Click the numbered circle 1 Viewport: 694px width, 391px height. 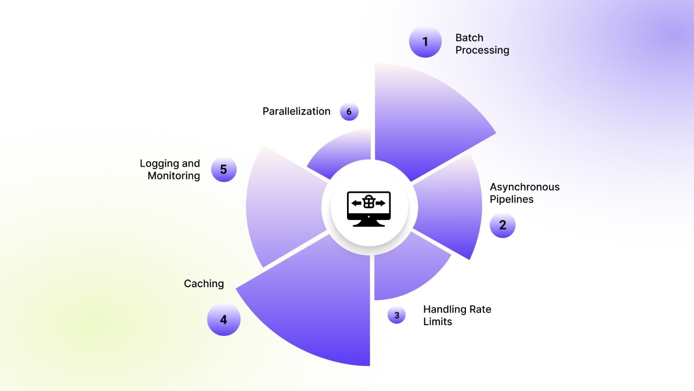click(x=425, y=42)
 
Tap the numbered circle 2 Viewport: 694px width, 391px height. click(x=502, y=225)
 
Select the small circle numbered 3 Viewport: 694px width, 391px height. click(x=397, y=315)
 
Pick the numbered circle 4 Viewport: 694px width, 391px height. click(x=223, y=320)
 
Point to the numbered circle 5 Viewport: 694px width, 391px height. click(x=223, y=170)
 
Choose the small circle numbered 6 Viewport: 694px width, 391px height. click(x=349, y=112)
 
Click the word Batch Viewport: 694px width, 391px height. click(x=469, y=38)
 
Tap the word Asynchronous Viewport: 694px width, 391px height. click(x=525, y=187)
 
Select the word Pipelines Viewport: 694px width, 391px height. click(x=512, y=199)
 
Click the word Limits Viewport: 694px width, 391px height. click(x=438, y=322)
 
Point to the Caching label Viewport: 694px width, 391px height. click(x=204, y=284)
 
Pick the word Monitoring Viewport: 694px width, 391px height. click(x=173, y=176)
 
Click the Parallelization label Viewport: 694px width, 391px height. click(x=296, y=111)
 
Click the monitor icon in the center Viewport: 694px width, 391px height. click(x=369, y=208)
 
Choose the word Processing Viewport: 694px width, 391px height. click(x=482, y=50)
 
